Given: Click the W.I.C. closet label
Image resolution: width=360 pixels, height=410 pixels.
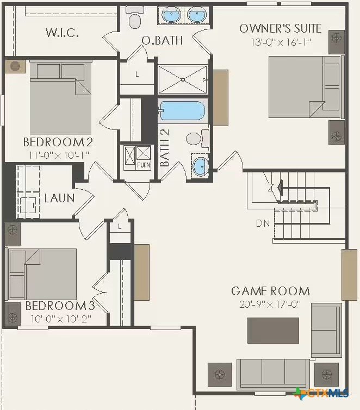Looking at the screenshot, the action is (62, 33).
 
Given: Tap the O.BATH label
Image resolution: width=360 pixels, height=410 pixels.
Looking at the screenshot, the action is (162, 41).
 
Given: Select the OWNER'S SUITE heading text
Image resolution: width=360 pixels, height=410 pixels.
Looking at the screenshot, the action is (281, 28).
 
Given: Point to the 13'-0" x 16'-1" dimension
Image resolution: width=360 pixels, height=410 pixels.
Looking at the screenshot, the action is (281, 42).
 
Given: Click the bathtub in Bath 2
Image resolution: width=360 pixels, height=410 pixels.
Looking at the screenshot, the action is (182, 111).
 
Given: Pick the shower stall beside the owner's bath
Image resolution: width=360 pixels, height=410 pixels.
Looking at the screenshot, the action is (183, 79).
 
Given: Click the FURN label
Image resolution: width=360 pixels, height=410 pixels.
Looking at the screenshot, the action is (144, 165).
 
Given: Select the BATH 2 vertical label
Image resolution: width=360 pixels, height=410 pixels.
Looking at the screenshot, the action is (165, 148).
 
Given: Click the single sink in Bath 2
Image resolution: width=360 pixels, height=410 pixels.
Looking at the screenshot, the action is (201, 166).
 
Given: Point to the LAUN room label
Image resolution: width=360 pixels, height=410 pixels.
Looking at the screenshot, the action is (59, 198).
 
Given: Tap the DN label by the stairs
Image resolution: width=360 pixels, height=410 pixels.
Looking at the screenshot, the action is (263, 223).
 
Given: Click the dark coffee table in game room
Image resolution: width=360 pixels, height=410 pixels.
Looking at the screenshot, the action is (273, 331).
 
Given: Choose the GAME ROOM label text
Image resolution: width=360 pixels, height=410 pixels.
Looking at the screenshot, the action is (271, 291).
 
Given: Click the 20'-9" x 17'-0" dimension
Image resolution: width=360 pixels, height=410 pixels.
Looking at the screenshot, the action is (270, 305).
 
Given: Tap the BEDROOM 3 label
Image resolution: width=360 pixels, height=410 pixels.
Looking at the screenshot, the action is (60, 306).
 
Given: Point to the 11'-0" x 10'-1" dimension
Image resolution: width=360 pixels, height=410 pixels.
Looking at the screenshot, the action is (59, 156).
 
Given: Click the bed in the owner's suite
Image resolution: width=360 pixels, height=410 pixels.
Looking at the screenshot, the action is (306, 87).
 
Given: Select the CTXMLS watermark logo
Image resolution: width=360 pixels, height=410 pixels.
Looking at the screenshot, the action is (321, 393).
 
